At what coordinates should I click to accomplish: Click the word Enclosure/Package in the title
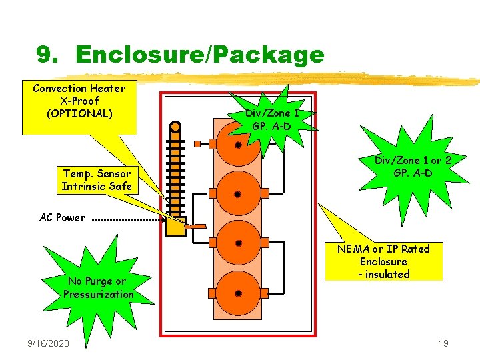point(200,55)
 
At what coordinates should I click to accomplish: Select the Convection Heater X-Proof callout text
point(79,100)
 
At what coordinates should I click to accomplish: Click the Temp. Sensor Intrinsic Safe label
point(97,180)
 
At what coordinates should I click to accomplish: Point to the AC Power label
point(62,217)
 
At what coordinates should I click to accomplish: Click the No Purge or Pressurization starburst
point(98,287)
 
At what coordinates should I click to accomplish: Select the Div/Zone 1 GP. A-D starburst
point(271,119)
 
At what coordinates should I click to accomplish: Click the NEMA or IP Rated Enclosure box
point(383,261)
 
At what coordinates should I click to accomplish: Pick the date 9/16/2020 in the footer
point(49,343)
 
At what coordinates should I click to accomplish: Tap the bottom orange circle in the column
point(238,293)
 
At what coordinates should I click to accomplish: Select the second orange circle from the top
point(238,194)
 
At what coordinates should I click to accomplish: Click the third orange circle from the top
point(238,244)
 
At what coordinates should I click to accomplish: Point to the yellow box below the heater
point(175,227)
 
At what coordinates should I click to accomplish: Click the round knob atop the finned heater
point(175,126)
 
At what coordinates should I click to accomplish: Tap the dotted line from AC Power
point(127,218)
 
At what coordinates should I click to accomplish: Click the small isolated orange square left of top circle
point(197,143)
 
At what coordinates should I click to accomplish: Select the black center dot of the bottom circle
point(238,293)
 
